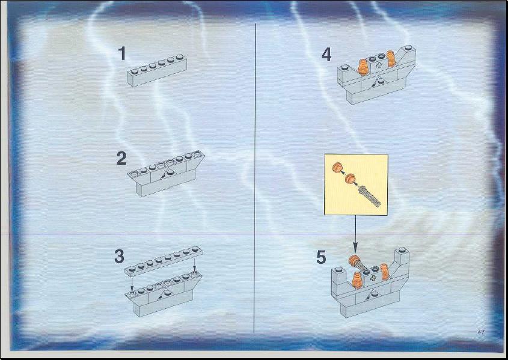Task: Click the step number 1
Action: pyautogui.click(x=122, y=53)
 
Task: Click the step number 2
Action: pyautogui.click(x=121, y=159)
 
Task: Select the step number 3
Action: pyautogui.click(x=119, y=256)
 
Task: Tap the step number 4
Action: pyautogui.click(x=326, y=54)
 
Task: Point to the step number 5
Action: pyautogui.click(x=321, y=257)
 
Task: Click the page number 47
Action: pyautogui.click(x=481, y=332)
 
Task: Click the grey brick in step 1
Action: pyautogui.click(x=157, y=70)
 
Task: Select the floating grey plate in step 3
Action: pyautogui.click(x=164, y=261)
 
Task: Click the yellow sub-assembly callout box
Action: pyautogui.click(x=356, y=185)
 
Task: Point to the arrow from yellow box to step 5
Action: pyautogui.click(x=355, y=234)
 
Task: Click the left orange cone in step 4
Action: pyautogui.click(x=362, y=67)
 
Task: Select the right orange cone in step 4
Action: pyautogui.click(x=391, y=58)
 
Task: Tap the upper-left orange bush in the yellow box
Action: pyautogui.click(x=337, y=167)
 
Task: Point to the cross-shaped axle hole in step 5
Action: pyautogui.click(x=374, y=278)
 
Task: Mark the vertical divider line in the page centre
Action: pyautogui.click(x=255, y=178)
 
